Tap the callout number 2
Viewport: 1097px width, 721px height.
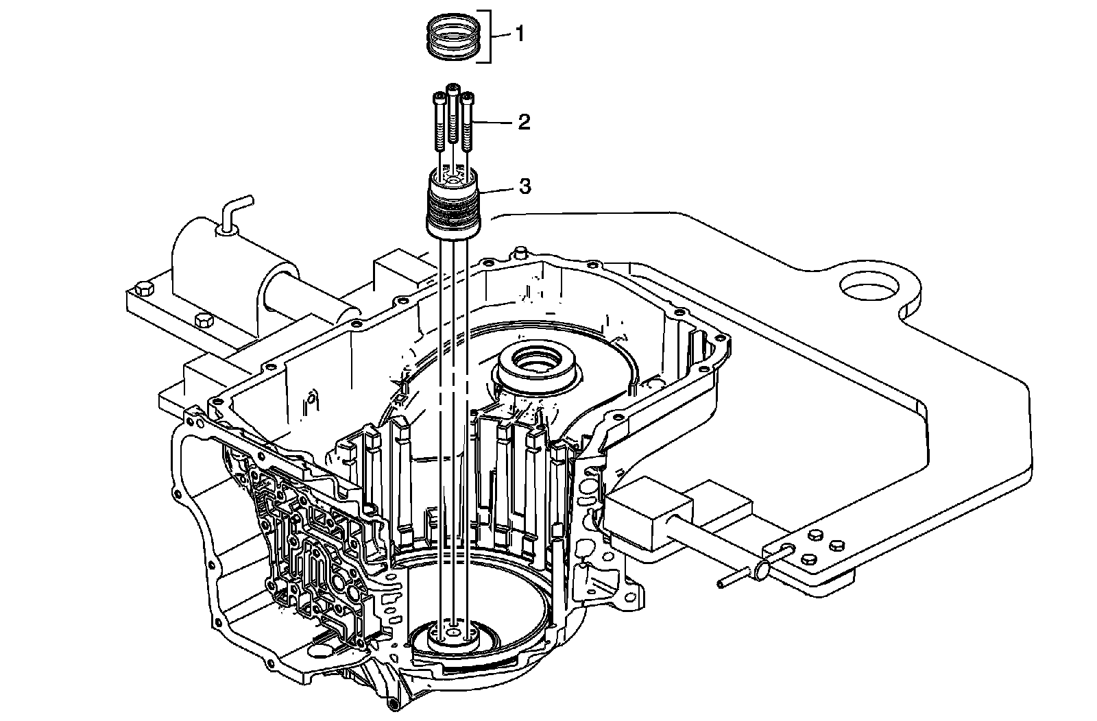[x=524, y=123]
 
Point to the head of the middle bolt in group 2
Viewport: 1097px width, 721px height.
[x=453, y=89]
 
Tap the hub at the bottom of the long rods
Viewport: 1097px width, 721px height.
[x=453, y=635]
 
